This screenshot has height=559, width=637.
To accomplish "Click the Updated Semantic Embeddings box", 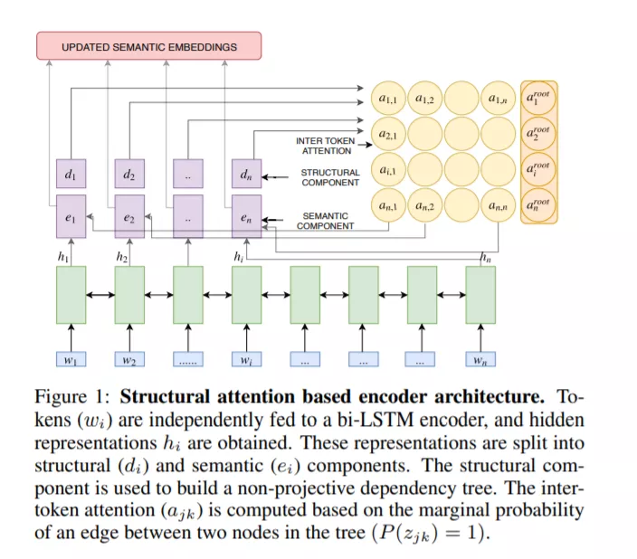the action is [x=149, y=46].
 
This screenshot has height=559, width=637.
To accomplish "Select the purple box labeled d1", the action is [x=71, y=174].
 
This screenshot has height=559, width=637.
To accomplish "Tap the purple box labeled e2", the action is [x=129, y=216].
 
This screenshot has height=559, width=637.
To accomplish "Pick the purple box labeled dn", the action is [x=247, y=174].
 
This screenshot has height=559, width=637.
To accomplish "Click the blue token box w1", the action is [x=71, y=359].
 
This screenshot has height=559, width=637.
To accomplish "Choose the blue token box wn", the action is [x=480, y=359].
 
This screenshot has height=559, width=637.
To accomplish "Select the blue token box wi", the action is [x=247, y=359].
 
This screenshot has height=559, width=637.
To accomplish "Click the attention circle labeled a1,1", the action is [x=388, y=99].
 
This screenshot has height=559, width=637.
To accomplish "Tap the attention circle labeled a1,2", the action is [x=425, y=99].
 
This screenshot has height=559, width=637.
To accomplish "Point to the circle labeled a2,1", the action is [x=388, y=134].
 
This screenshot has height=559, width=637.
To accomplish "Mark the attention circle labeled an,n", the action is [x=498, y=205].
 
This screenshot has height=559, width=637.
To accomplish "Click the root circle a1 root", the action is [x=538, y=99].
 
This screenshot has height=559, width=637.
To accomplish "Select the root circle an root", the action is [x=538, y=205].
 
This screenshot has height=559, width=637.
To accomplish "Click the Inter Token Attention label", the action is [x=326, y=146].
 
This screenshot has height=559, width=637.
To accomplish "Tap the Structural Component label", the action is [x=330, y=177].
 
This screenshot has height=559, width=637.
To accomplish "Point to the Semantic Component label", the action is [x=326, y=221].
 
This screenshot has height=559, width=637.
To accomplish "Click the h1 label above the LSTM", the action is [x=63, y=257].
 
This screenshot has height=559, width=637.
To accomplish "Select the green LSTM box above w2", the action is [x=129, y=295].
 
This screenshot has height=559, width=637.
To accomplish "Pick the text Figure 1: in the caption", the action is [x=71, y=397].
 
